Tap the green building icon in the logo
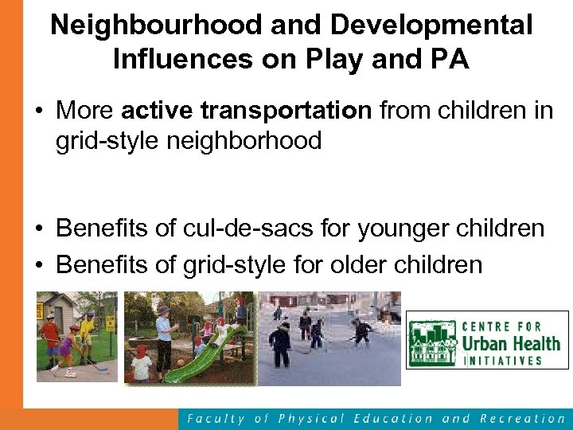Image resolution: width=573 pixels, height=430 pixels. point(433,344)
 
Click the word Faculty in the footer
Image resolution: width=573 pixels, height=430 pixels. point(214,418)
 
